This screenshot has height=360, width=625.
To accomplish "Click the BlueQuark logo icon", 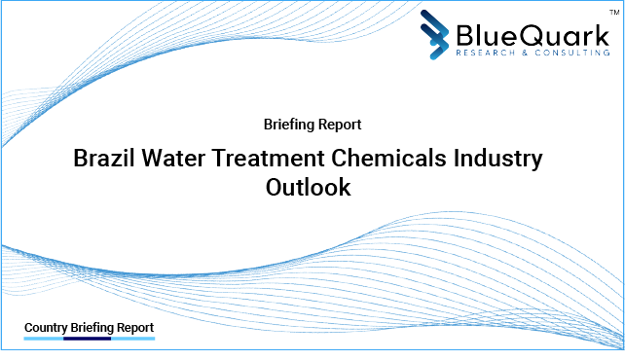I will pos(438,34).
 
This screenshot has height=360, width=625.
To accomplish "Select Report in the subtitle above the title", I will pos(341,125).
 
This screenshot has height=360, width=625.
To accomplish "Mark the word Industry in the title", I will pos(499,159).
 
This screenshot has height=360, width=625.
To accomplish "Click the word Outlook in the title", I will pos(308,188).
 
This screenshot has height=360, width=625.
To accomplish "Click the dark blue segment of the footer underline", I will pos(89,339).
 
